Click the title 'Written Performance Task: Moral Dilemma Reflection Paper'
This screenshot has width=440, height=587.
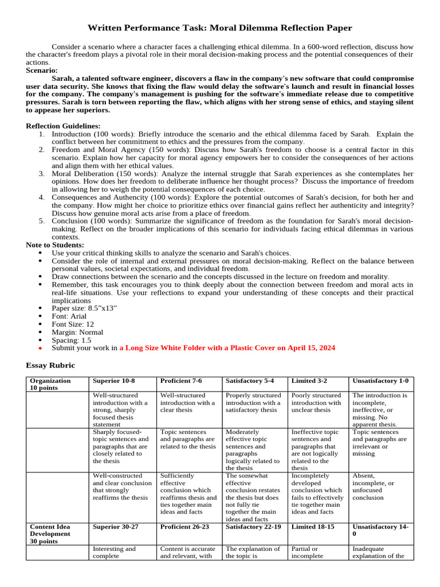219,28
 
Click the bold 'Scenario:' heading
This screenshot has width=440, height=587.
42,71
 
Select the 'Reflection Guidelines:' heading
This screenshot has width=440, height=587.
63,126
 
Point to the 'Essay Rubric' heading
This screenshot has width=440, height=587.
50,365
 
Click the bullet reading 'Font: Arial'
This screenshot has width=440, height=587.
69,316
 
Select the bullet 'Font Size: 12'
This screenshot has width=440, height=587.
74,324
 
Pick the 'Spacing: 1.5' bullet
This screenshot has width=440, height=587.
71,340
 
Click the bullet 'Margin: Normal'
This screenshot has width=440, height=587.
77,332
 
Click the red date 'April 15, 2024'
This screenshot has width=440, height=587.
307,348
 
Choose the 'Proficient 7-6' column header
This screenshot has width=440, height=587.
181,381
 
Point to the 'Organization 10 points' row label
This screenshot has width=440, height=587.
50,384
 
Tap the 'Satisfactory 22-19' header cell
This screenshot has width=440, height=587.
253,526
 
